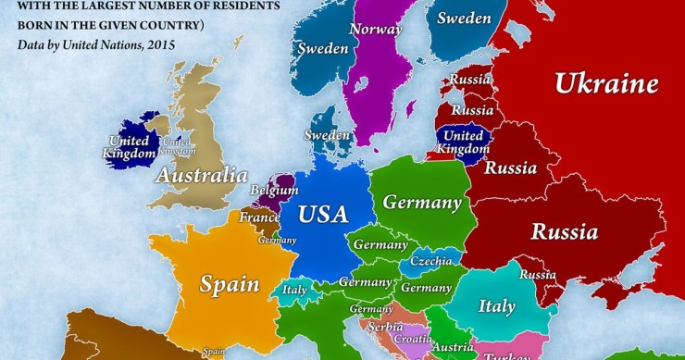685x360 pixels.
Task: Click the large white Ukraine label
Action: pos(605,83)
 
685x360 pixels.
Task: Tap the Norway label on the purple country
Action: pos(376,29)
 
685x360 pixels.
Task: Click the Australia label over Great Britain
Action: pos(201,174)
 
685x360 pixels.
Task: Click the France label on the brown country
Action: pos(259,217)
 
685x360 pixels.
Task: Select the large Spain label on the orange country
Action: pos(230,283)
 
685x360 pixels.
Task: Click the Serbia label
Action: pos(383,327)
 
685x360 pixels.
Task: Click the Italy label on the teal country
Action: pos(496,305)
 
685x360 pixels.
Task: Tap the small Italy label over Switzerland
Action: pos(293,290)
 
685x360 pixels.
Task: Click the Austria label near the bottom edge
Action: pos(454,347)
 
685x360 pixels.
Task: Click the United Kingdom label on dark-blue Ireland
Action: pos(129,147)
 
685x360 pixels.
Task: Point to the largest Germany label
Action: pos(421,202)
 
